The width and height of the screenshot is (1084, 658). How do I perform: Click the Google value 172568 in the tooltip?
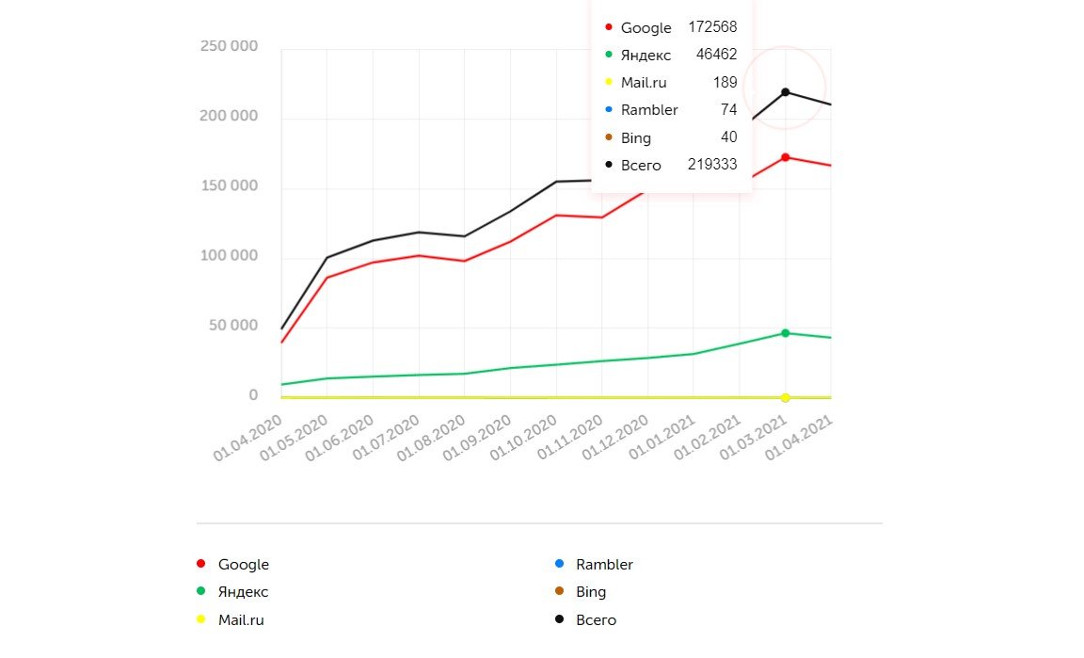(x=712, y=27)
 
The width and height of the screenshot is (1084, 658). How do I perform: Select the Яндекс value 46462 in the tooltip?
(x=716, y=55)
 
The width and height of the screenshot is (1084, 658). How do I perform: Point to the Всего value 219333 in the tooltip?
(x=712, y=165)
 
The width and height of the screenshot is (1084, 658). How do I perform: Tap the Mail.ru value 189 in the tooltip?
(x=725, y=83)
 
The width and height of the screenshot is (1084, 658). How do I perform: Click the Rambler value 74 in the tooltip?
(x=728, y=110)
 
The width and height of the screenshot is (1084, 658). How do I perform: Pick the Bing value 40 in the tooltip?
(x=728, y=137)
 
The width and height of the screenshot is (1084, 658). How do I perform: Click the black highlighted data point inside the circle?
(x=785, y=91)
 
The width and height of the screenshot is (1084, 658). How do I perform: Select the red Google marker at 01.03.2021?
(x=785, y=157)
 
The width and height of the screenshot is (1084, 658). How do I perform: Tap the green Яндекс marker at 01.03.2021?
(x=785, y=333)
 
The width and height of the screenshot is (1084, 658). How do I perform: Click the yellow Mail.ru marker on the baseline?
(x=785, y=397)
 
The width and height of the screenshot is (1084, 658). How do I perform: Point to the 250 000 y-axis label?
(x=229, y=46)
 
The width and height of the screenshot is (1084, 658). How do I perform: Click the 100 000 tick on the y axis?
(x=229, y=256)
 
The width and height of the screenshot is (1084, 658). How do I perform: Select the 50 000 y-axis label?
(x=232, y=326)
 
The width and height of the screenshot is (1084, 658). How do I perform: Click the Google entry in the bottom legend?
(x=243, y=565)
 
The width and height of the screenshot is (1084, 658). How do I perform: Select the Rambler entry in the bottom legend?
(x=604, y=565)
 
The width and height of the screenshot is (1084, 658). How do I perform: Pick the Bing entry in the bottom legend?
(x=591, y=592)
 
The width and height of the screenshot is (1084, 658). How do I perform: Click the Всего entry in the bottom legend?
(x=596, y=619)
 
